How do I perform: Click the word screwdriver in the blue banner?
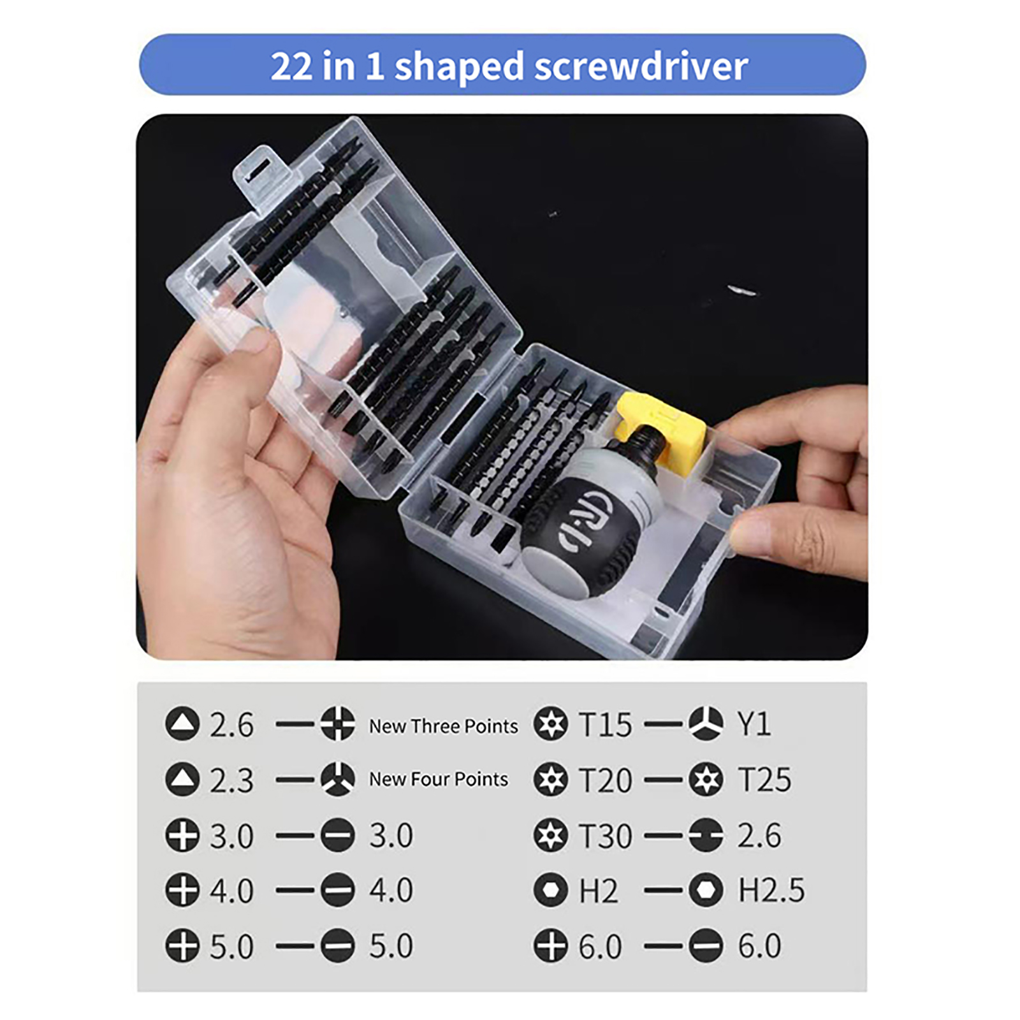pyautogui.click(x=641, y=66)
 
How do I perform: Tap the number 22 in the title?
pyautogui.click(x=291, y=66)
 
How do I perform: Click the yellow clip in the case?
pyautogui.click(x=661, y=425)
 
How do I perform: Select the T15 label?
pyautogui.click(x=605, y=725)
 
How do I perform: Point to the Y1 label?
pyautogui.click(x=754, y=724)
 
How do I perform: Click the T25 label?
pyautogui.click(x=764, y=780)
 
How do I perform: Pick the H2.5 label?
pyautogui.click(x=771, y=890)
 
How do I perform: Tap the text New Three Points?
pyautogui.click(x=444, y=726)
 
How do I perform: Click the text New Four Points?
pyautogui.click(x=439, y=779)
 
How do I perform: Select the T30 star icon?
pyautogui.click(x=551, y=835)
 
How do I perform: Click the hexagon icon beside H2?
pyautogui.click(x=551, y=890)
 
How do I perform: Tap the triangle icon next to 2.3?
pyautogui.click(x=182, y=779)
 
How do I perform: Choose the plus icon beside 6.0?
pyautogui.click(x=551, y=945)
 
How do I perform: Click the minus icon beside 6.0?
pyautogui.click(x=706, y=945)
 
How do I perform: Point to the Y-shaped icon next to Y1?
pyautogui.click(x=706, y=724)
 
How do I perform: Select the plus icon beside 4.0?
pyautogui.click(x=182, y=890)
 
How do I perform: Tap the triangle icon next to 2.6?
pyautogui.click(x=182, y=724)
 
